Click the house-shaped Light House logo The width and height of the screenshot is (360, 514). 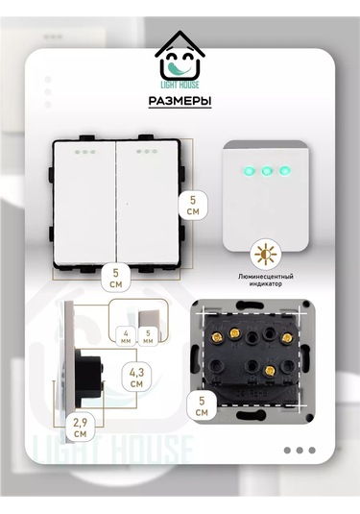point(180,60)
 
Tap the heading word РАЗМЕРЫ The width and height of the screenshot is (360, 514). point(180,102)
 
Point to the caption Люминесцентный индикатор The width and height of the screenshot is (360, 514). point(266,281)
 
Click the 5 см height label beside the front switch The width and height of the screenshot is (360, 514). point(193,204)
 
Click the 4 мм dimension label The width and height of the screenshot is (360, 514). point(127,338)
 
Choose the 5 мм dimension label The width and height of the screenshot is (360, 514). point(151,338)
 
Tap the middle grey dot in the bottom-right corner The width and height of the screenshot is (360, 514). point(300,450)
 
